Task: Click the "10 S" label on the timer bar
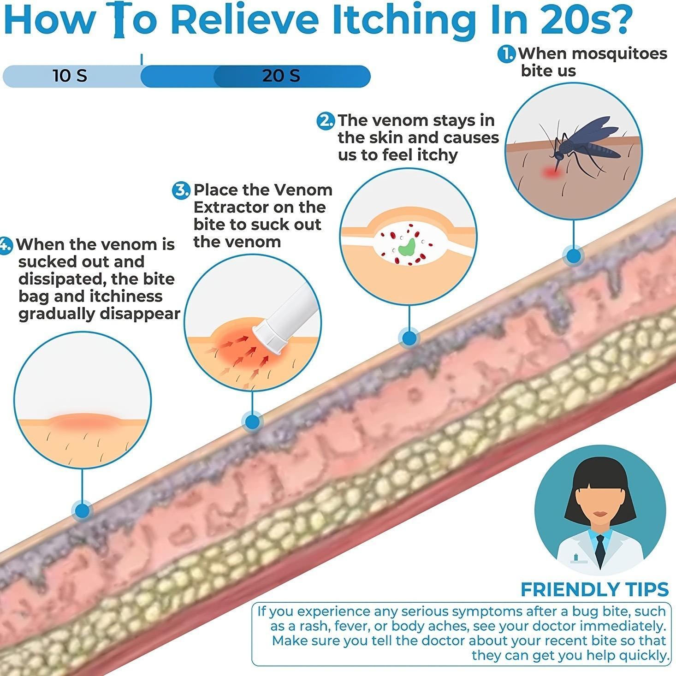(70, 76)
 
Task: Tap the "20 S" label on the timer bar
(281, 76)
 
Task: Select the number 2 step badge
(326, 121)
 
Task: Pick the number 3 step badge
(181, 190)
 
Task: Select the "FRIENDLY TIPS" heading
(595, 589)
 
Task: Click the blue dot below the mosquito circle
(574, 256)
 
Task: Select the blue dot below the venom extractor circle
(252, 422)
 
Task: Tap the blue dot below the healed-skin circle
(83, 511)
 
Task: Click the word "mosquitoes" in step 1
(621, 54)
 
